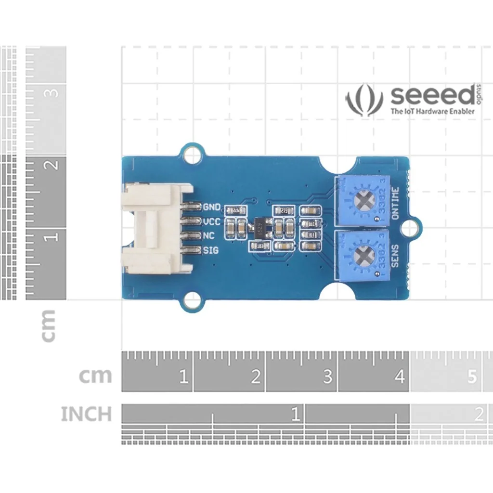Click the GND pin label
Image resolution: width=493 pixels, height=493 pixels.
pyautogui.click(x=212, y=208)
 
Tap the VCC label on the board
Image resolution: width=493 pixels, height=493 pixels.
pyautogui.click(x=211, y=222)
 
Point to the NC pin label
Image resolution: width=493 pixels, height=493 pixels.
pyautogui.click(x=209, y=236)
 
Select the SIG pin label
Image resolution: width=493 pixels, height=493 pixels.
pyautogui.click(x=210, y=250)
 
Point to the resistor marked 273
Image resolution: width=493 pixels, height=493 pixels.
pyautogui.click(x=284, y=211)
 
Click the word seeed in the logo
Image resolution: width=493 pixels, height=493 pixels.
pyautogui.click(x=432, y=96)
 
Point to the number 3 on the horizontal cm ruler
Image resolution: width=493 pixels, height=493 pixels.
pyautogui.click(x=328, y=376)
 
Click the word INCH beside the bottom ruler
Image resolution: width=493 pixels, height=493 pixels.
pyautogui.click(x=86, y=414)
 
